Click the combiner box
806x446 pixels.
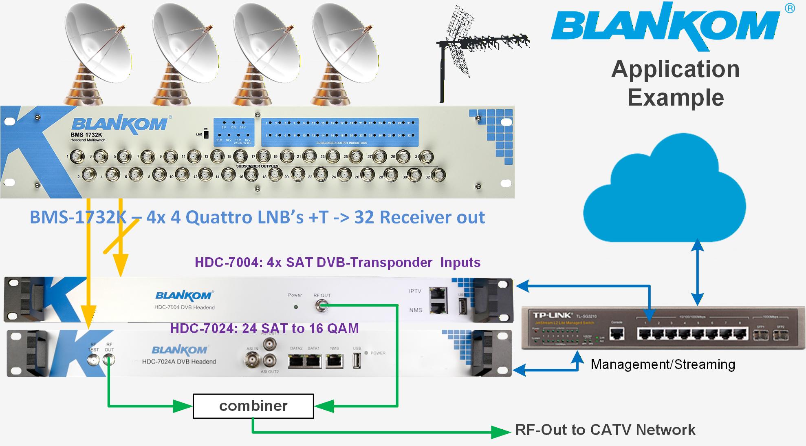[253, 406]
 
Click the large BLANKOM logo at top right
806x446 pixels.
[665, 27]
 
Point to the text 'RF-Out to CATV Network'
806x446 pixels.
[605, 430]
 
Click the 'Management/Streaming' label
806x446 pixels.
[663, 364]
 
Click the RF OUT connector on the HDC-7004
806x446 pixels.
[321, 305]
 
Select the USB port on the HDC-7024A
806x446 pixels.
[357, 361]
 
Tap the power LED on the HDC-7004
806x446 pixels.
[296, 307]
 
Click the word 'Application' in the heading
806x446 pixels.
[675, 69]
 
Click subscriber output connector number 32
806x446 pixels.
[438, 175]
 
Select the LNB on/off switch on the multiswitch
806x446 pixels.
[206, 134]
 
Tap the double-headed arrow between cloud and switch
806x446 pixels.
[698, 272]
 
